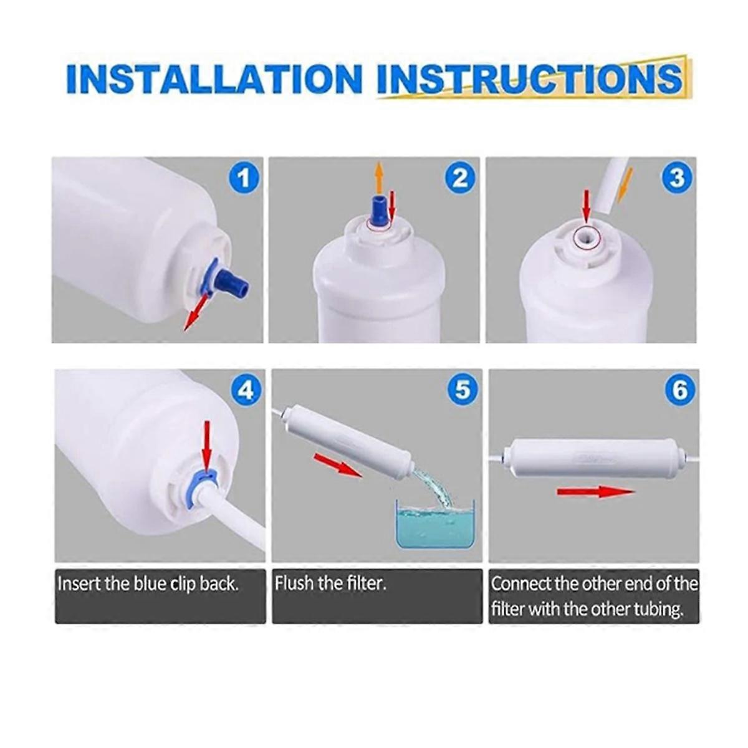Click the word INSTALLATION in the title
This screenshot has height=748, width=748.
click(214, 80)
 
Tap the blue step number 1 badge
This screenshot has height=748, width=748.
click(244, 178)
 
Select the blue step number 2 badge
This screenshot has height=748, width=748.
click(460, 178)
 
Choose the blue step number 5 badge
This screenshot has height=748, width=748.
click(463, 390)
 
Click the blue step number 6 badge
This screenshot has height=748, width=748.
click(679, 390)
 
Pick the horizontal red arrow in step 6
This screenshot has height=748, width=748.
click(596, 492)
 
